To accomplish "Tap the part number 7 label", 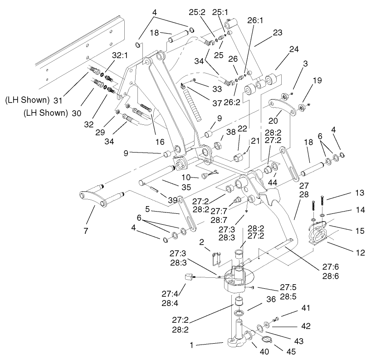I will click(x=85, y=231).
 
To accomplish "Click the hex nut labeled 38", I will click(x=217, y=145).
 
